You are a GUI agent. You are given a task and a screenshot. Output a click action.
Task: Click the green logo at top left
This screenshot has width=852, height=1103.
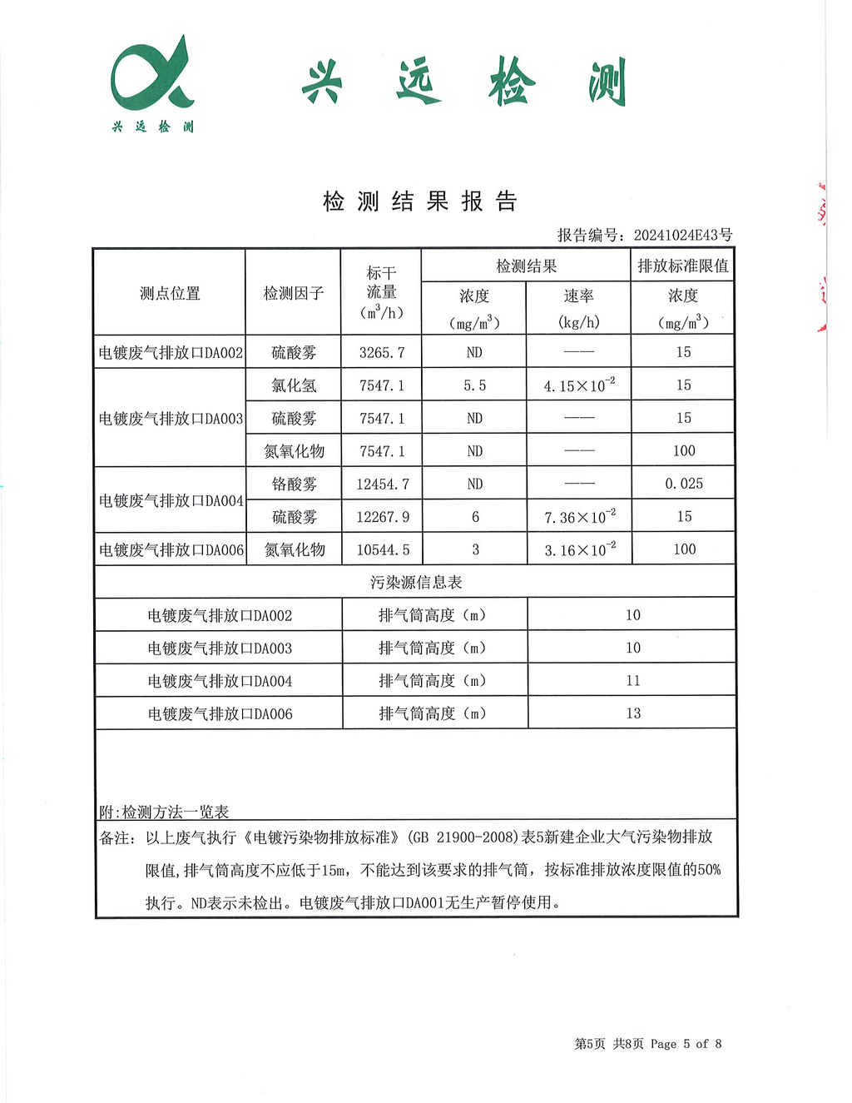pyautogui.click(x=153, y=83)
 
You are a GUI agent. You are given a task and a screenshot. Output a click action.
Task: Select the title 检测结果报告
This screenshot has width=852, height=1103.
pyautogui.click(x=420, y=201)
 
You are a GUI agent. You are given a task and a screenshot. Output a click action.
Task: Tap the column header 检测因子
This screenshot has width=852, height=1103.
pyautogui.click(x=293, y=293)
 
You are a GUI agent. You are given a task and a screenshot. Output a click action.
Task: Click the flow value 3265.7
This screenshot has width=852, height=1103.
pyautogui.click(x=382, y=353)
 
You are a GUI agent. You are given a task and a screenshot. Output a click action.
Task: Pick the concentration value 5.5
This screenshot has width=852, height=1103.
pyautogui.click(x=475, y=386)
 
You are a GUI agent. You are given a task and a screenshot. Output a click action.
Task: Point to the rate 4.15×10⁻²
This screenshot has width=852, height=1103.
pyautogui.click(x=579, y=386)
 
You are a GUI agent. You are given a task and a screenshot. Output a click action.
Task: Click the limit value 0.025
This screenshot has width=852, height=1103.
pyautogui.click(x=684, y=484)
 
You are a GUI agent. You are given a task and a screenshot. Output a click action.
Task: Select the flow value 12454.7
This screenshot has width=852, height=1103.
pyautogui.click(x=383, y=484)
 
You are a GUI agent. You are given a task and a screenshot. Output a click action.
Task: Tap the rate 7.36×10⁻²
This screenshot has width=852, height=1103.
pyautogui.click(x=580, y=517)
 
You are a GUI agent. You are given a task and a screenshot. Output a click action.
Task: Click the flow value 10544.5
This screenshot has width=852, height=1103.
pyautogui.click(x=383, y=550)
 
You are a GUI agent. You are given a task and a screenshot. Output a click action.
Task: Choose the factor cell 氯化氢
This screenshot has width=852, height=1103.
pyautogui.click(x=294, y=386)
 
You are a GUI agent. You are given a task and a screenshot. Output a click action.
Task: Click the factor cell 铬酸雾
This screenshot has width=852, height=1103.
pyautogui.click(x=294, y=484)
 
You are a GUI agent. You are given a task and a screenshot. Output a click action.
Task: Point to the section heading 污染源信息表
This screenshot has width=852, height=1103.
pyautogui.click(x=416, y=583)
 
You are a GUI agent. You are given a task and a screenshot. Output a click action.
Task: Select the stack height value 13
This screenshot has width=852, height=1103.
pyautogui.click(x=633, y=713)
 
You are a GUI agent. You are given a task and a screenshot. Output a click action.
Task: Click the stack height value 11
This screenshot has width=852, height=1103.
pyautogui.click(x=633, y=681)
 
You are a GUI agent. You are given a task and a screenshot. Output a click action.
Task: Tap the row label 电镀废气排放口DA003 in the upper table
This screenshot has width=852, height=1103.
pyautogui.click(x=171, y=419)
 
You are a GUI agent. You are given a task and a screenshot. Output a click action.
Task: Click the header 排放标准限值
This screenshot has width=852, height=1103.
pyautogui.click(x=683, y=266)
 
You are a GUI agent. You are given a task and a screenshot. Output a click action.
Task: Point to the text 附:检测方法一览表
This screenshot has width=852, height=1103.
pyautogui.click(x=164, y=812)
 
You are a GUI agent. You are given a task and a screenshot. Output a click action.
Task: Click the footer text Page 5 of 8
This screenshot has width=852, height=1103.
pyautogui.click(x=686, y=1044)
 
